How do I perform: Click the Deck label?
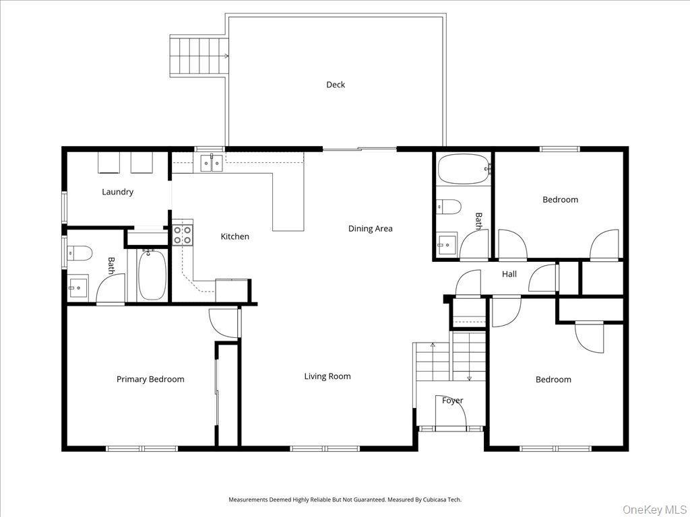[x=336, y=85]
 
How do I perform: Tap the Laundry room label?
[x=117, y=192]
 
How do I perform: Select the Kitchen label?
[x=235, y=236]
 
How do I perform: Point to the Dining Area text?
[x=370, y=229]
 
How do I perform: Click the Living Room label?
[x=327, y=376]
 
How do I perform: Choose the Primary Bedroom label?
[x=150, y=379]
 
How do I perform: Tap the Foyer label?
[x=452, y=401]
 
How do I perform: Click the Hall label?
[x=509, y=274]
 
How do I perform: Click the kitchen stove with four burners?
[x=183, y=234]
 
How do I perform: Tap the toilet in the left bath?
[x=80, y=253]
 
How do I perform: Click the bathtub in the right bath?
[x=464, y=169]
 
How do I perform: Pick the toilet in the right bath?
[x=449, y=206]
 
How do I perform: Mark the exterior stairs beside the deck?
[x=198, y=57]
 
